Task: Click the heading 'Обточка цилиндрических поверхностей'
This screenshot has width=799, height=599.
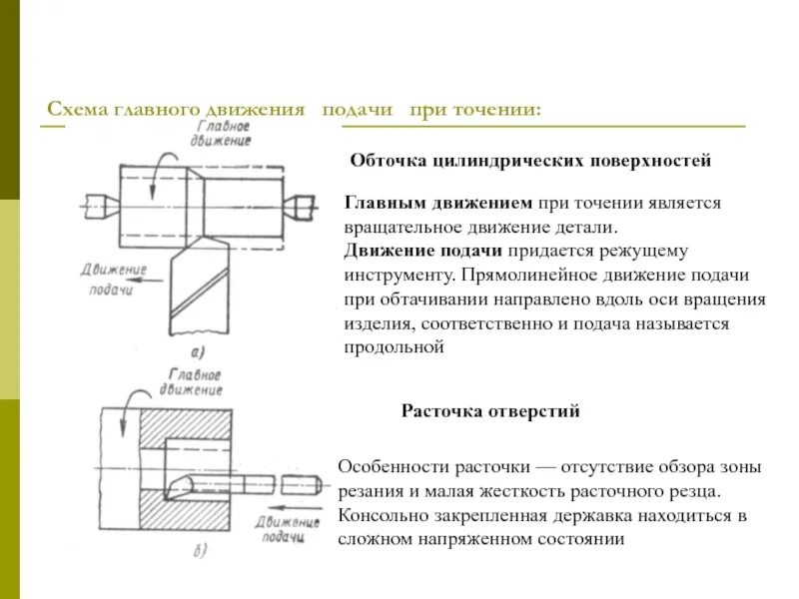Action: [530, 160]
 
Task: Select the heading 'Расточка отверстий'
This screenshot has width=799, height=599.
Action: [490, 410]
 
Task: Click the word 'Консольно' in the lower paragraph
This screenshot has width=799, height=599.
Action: [381, 516]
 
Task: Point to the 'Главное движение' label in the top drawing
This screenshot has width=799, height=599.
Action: [225, 134]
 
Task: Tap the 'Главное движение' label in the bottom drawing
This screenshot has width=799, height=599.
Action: [189, 382]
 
